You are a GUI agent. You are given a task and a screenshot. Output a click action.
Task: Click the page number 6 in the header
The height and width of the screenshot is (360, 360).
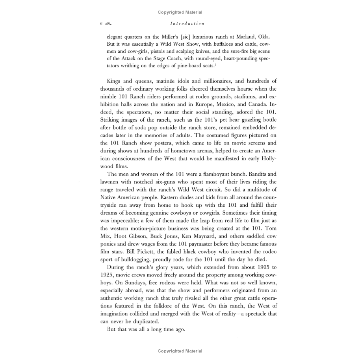tap(101, 24)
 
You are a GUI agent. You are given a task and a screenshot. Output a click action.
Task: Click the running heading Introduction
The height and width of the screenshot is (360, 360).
tap(185, 24)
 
